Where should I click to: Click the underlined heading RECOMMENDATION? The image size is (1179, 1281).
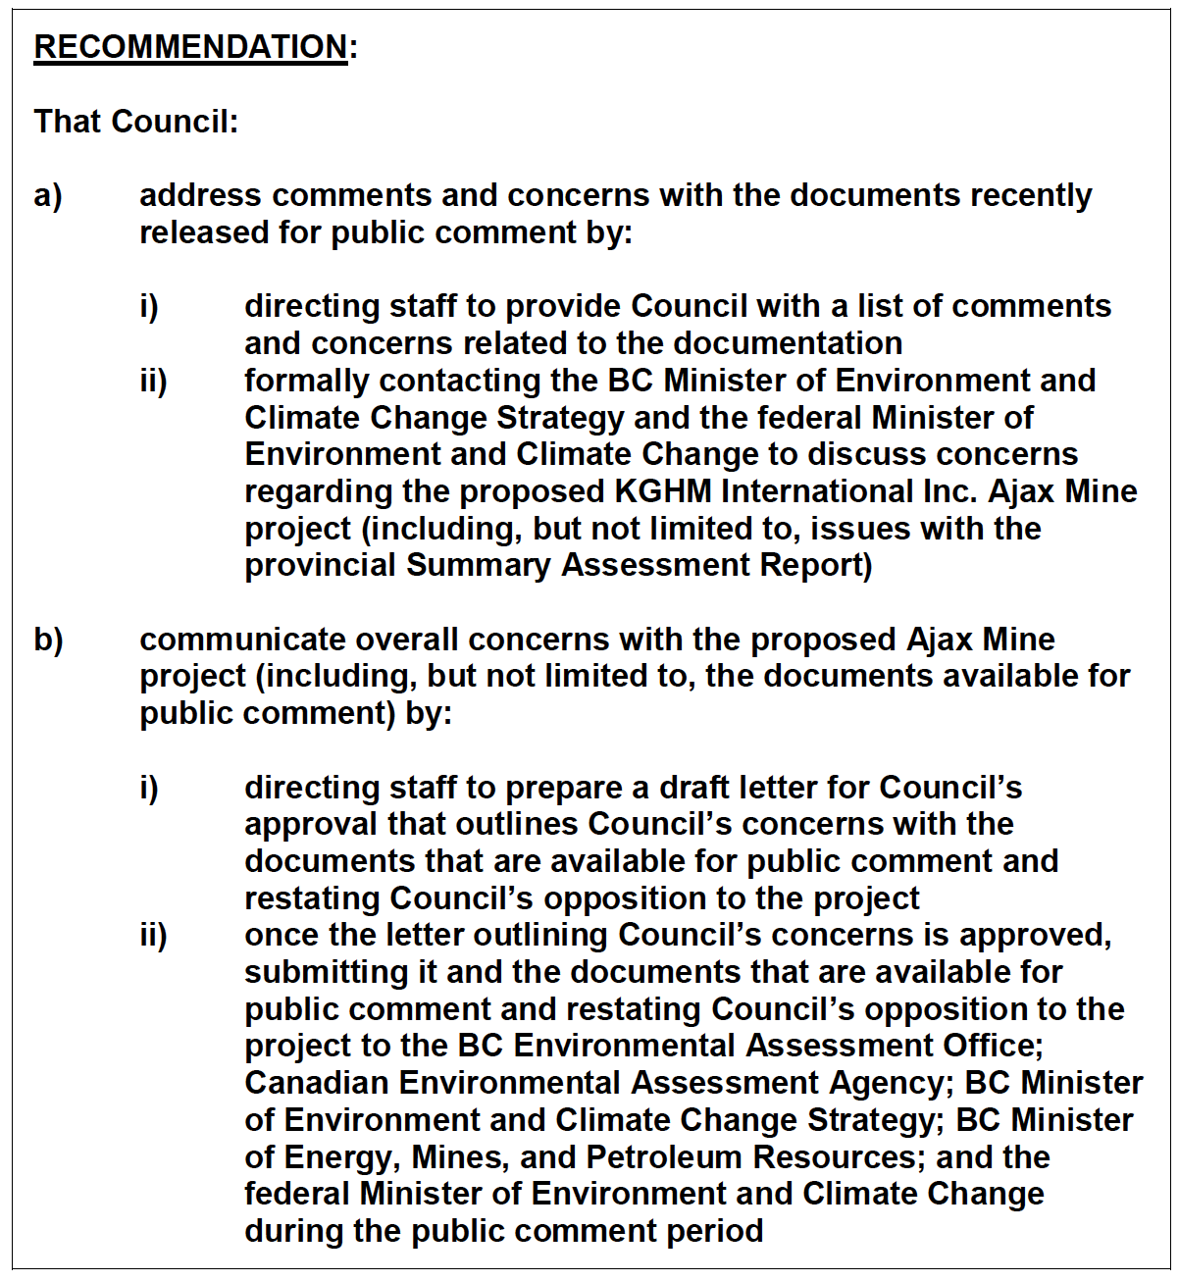tap(190, 47)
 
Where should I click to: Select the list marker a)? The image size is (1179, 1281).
tap(48, 195)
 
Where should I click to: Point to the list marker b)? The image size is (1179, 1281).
tap(48, 640)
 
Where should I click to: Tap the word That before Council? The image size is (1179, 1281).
tap(68, 122)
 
